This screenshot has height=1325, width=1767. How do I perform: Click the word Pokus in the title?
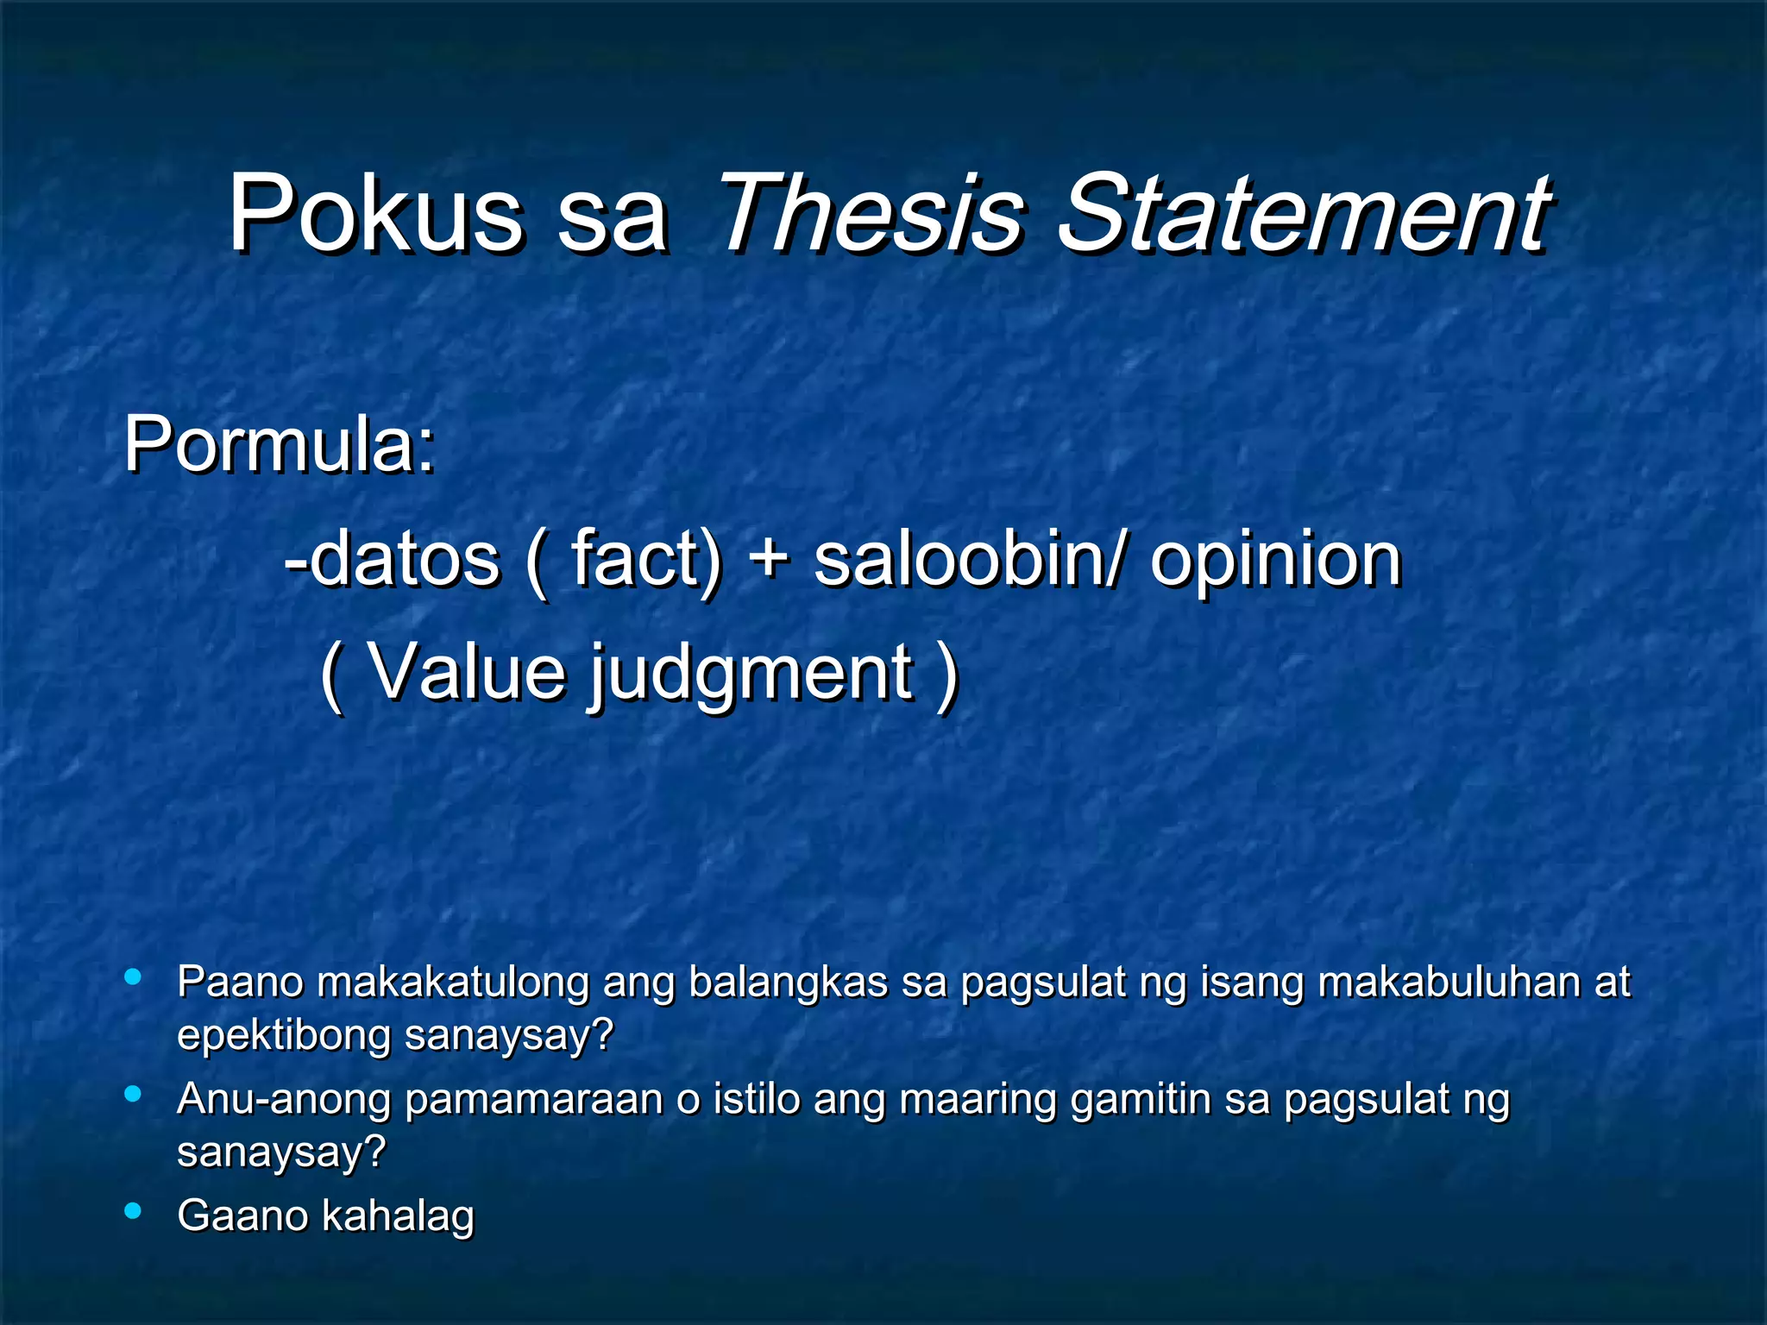[x=374, y=213]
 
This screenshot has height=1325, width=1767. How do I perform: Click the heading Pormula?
[x=280, y=444]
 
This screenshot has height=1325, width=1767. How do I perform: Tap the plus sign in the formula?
[x=768, y=559]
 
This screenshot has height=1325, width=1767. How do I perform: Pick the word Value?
[x=467, y=672]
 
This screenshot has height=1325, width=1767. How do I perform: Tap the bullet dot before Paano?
[x=133, y=977]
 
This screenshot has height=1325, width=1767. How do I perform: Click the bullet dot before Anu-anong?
[x=133, y=1094]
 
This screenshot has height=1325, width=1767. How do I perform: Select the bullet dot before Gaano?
[x=133, y=1210]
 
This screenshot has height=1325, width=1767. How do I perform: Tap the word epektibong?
[x=283, y=1035]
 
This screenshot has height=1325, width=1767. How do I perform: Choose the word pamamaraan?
[x=533, y=1100]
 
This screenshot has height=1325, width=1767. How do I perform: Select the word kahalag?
[x=398, y=1216]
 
